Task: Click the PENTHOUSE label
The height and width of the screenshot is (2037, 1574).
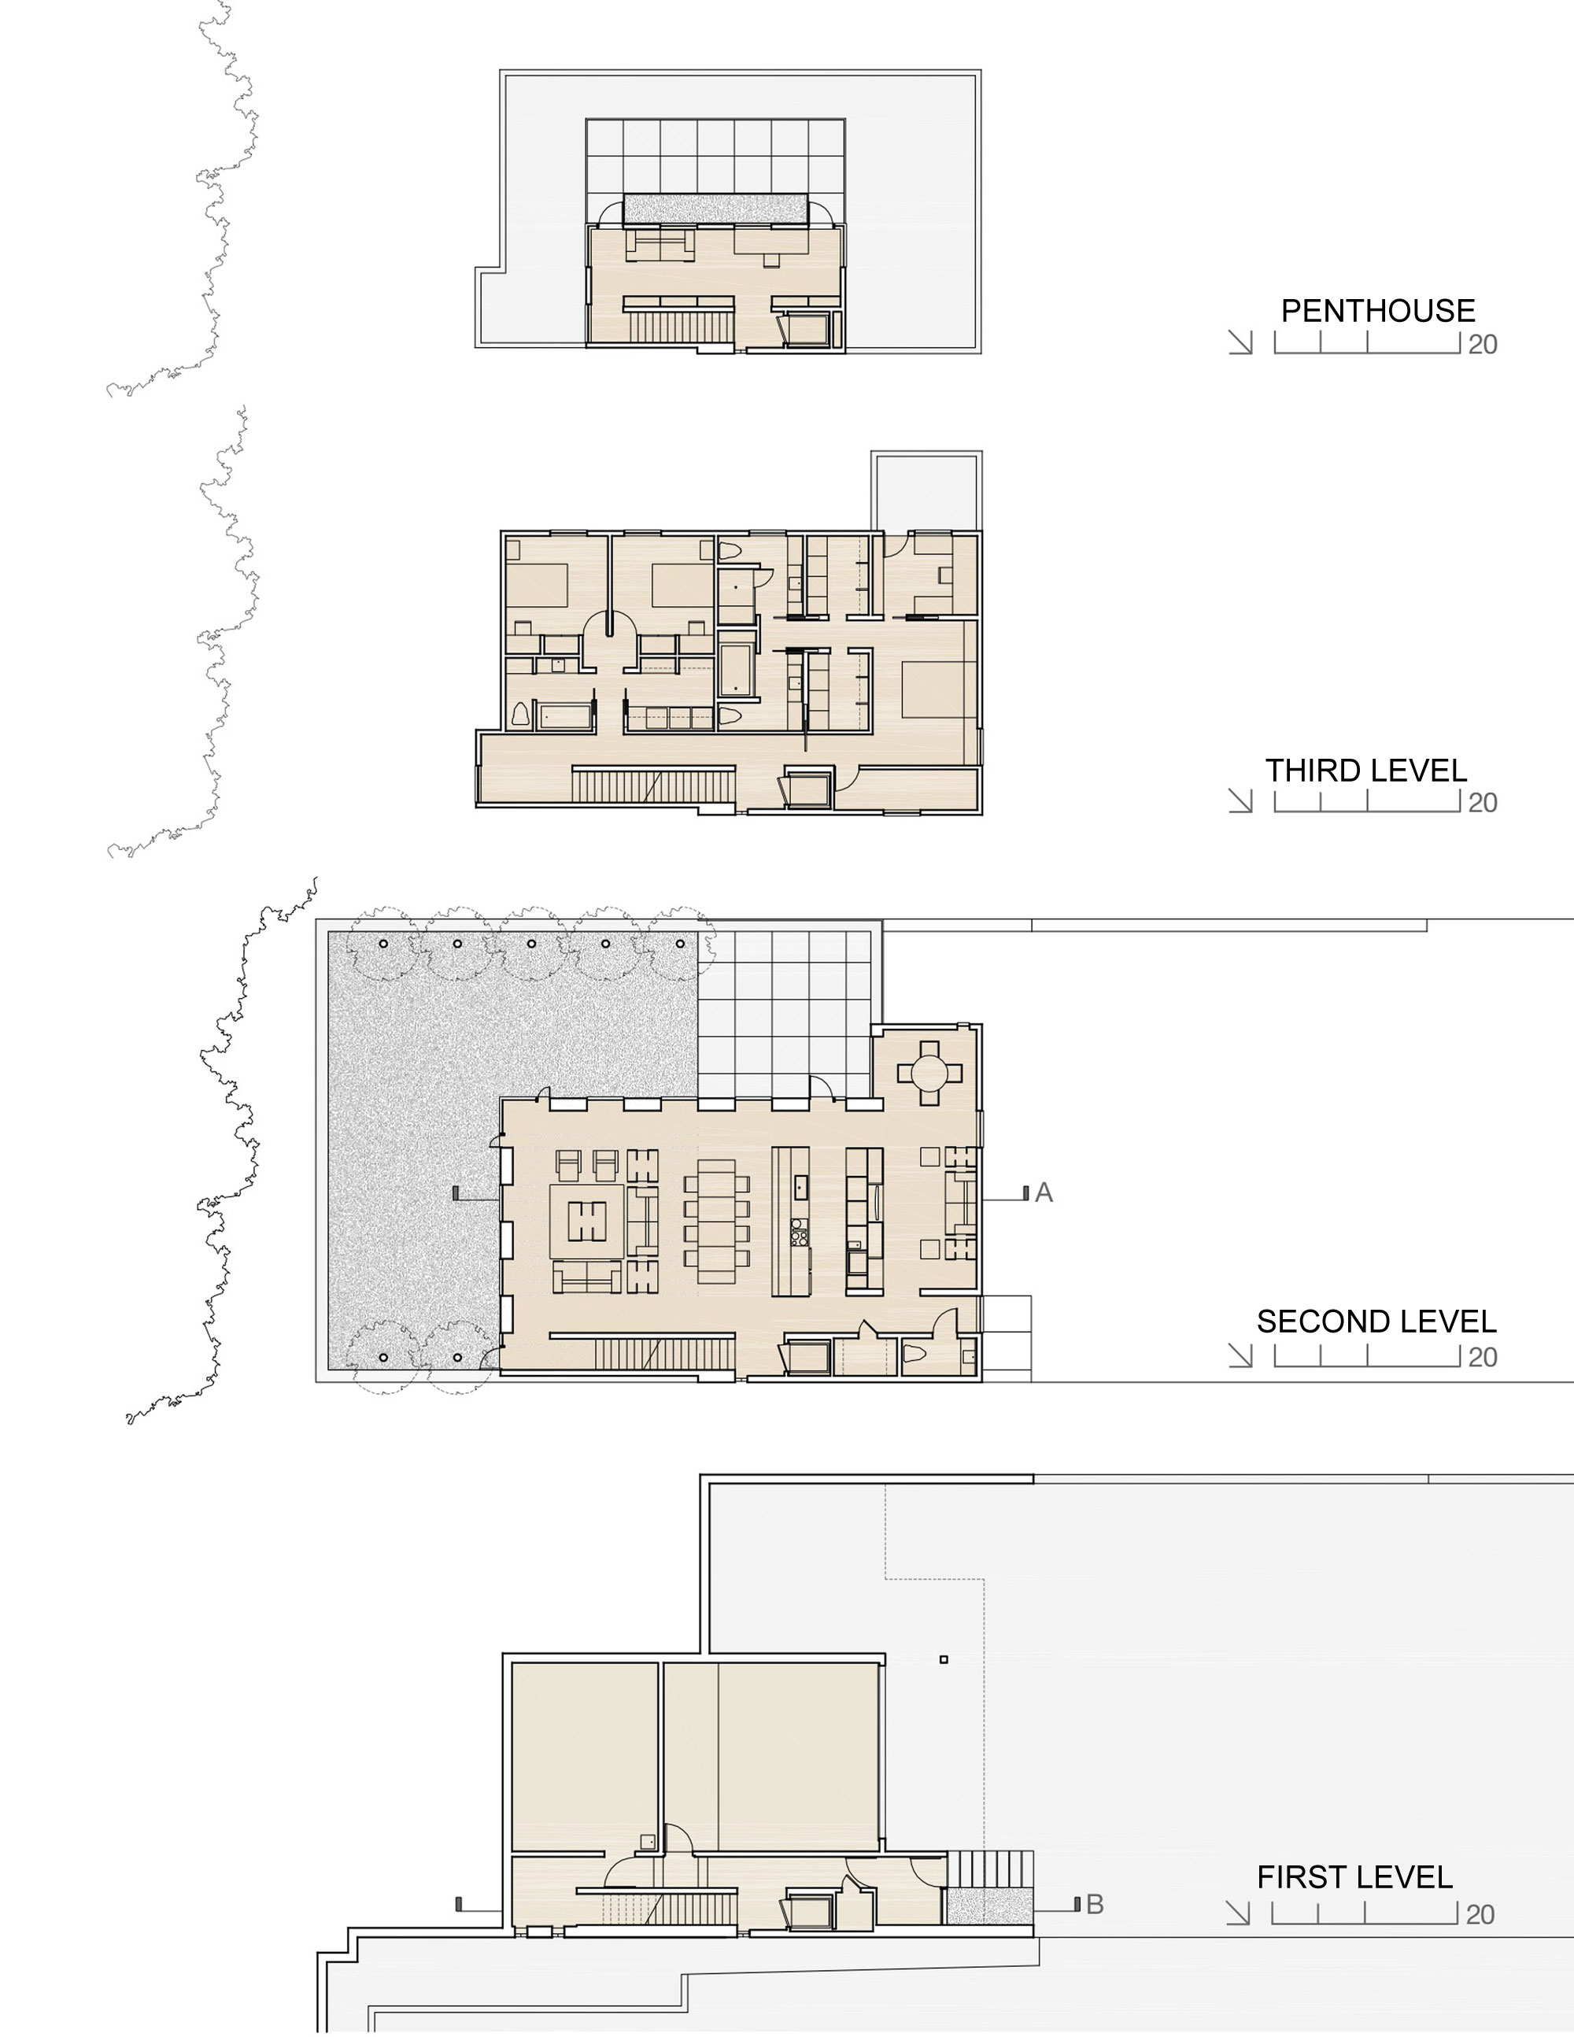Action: tap(1377, 311)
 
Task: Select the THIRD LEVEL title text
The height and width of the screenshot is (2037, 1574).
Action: tap(1366, 771)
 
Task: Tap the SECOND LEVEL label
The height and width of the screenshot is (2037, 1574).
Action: tap(1376, 1322)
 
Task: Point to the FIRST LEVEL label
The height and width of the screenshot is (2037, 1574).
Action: tap(1354, 1876)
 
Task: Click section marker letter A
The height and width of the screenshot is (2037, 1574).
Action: tap(1044, 1193)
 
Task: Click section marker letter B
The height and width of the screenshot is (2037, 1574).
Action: tap(1095, 1905)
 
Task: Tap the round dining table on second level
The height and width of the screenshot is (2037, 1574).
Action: tap(929, 1074)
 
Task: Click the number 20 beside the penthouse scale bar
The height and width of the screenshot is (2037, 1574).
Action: tap(1483, 345)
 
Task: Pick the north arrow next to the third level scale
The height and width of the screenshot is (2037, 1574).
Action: tap(1240, 801)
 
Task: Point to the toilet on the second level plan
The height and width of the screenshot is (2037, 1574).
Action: tap(914, 1355)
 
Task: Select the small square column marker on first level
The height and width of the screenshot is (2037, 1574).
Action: tap(944, 1659)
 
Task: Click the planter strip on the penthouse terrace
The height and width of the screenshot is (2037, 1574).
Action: tap(715, 208)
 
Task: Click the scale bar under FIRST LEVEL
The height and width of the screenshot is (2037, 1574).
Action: tap(1363, 1913)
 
